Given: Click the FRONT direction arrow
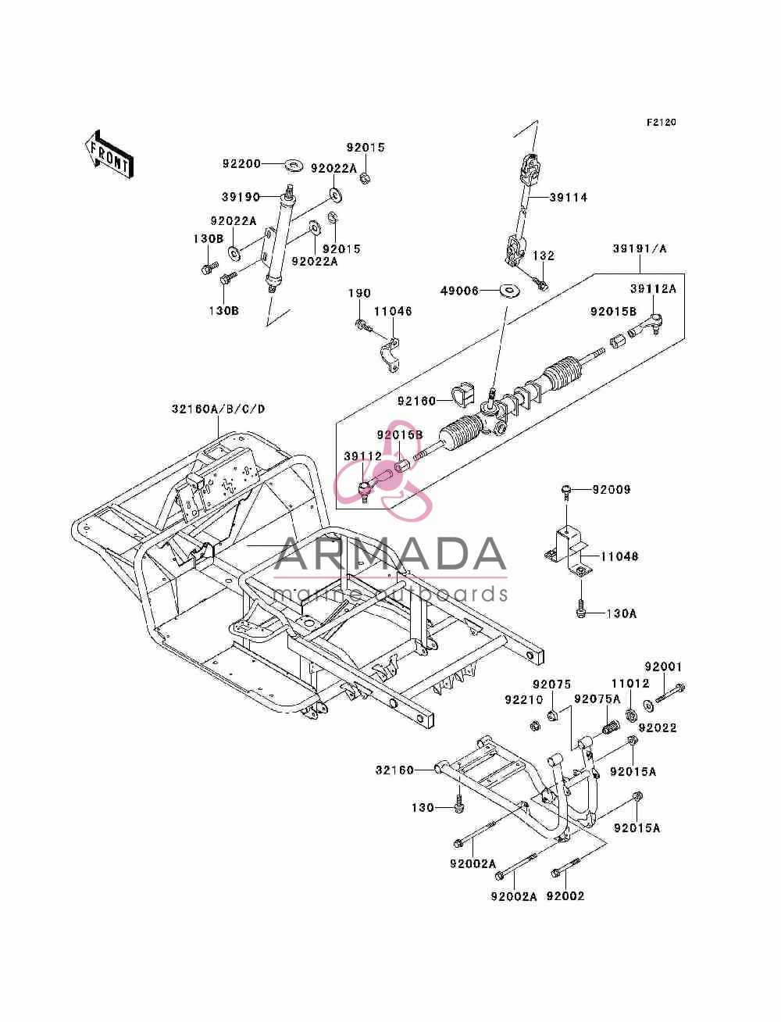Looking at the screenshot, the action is pyautogui.click(x=109, y=154).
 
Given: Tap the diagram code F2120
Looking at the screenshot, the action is pyautogui.click(x=661, y=123).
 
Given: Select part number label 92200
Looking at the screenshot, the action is pyautogui.click(x=241, y=164).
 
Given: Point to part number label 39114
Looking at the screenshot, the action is pyautogui.click(x=569, y=198).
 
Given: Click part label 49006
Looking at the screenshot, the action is pyautogui.click(x=459, y=291).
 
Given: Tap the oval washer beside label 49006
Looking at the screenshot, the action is pyautogui.click(x=510, y=291).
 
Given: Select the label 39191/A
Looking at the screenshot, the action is pyautogui.click(x=640, y=248).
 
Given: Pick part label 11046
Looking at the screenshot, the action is pyautogui.click(x=393, y=311).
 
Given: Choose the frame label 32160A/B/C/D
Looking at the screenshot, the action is pyautogui.click(x=218, y=409).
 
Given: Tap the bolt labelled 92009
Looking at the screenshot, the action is pyautogui.click(x=566, y=492).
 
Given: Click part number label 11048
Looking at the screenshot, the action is pyautogui.click(x=619, y=556).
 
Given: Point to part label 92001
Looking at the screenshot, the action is pyautogui.click(x=663, y=666).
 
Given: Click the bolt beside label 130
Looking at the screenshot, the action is pyautogui.click(x=459, y=806).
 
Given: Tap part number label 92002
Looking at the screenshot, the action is pyautogui.click(x=565, y=896).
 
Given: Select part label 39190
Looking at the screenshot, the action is pyautogui.click(x=241, y=197).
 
